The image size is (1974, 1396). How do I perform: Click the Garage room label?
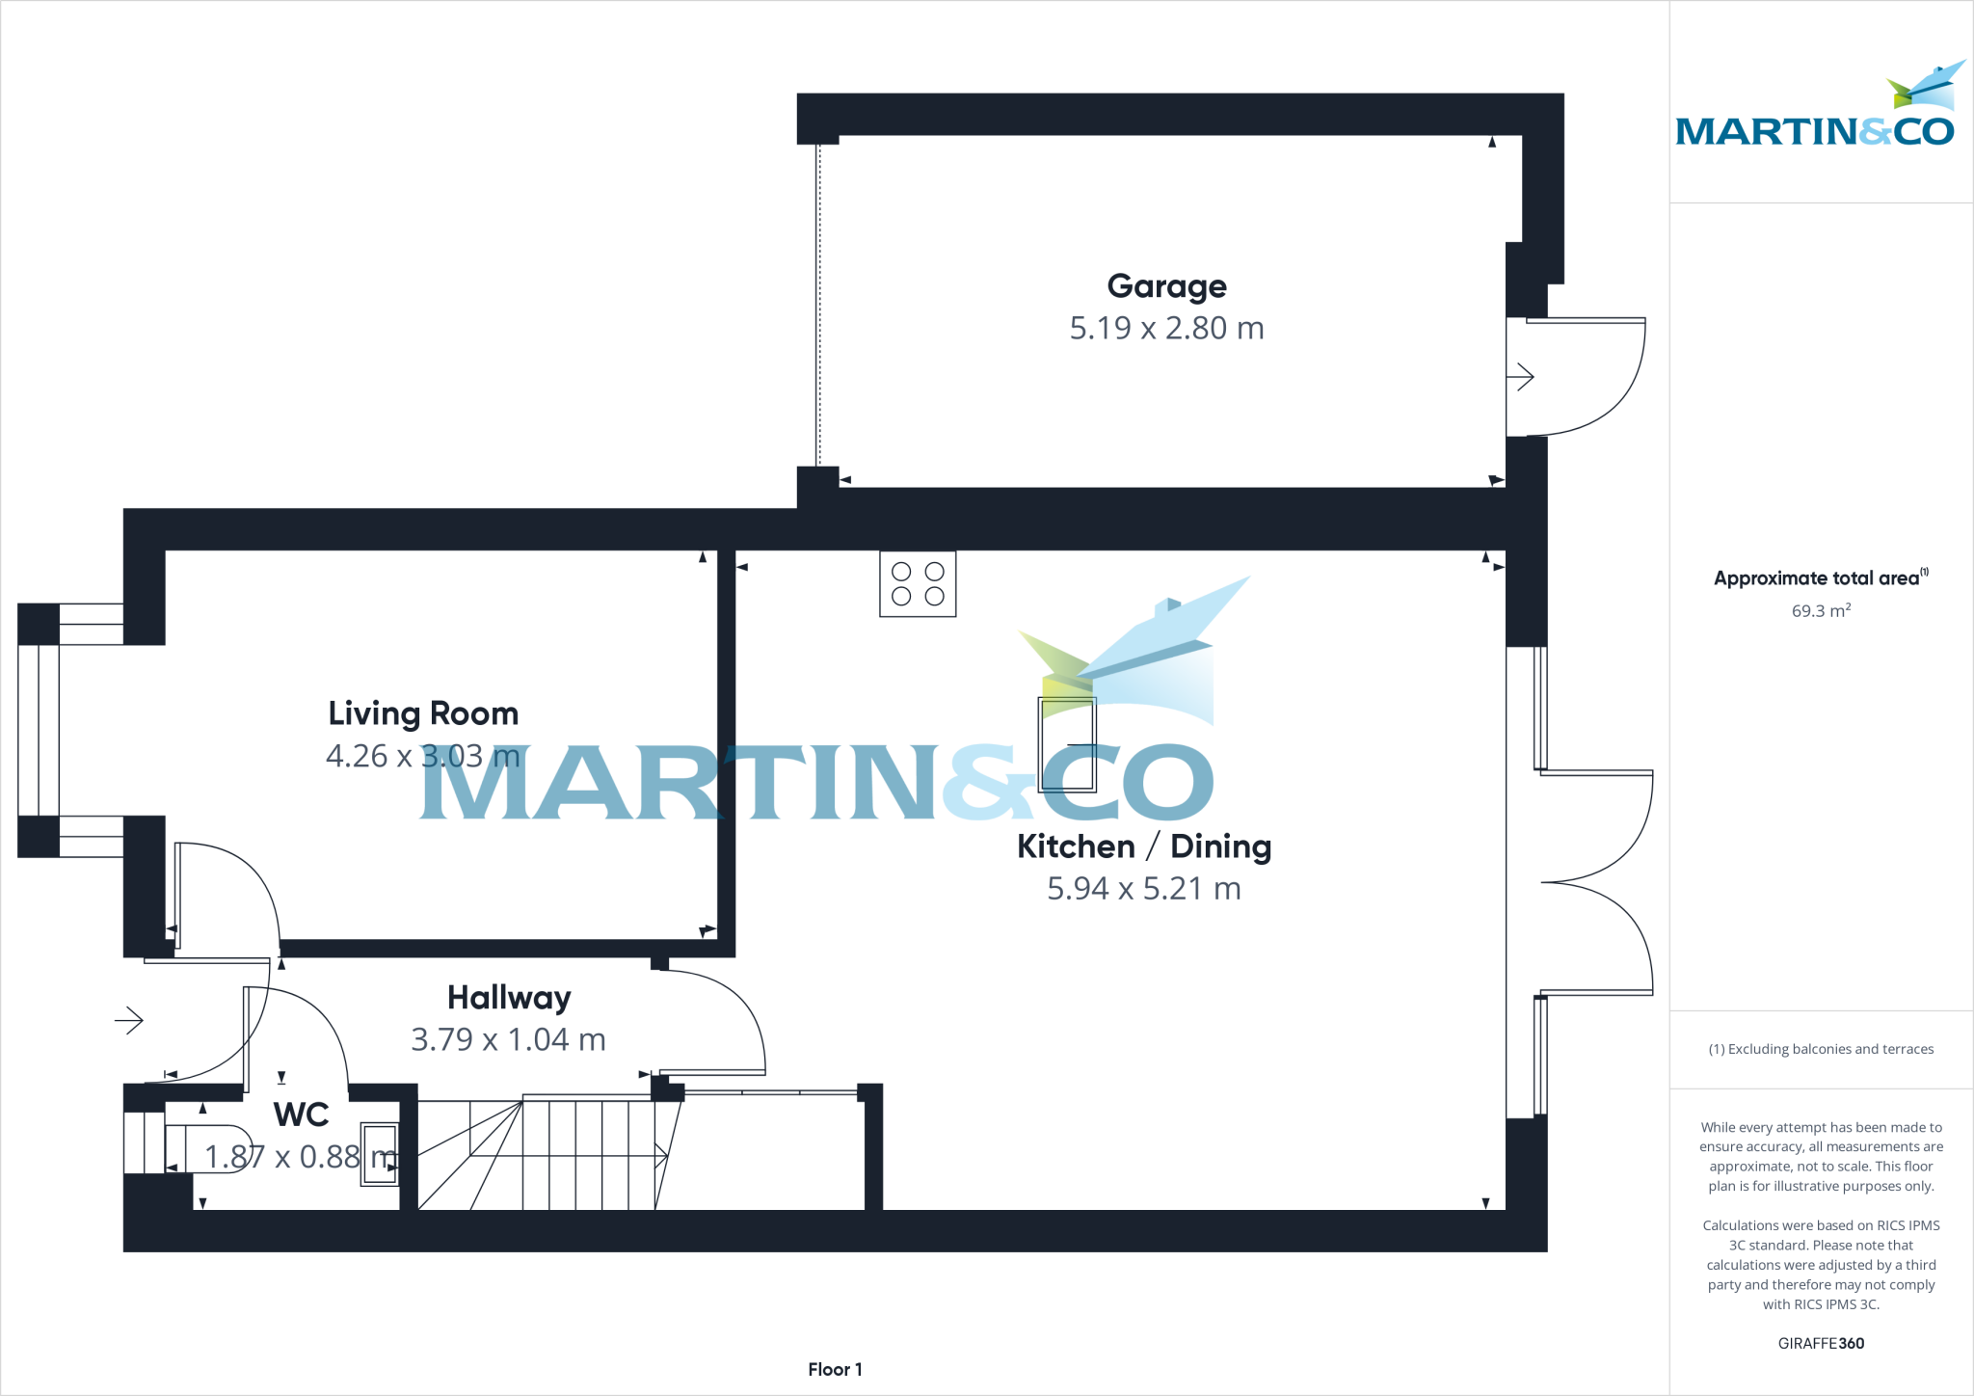coord(1166,286)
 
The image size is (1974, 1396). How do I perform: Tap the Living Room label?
coord(423,713)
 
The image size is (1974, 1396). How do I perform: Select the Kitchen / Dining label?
coord(1144,846)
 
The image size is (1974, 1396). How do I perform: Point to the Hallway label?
coord(509,998)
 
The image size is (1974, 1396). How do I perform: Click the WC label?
coord(302,1114)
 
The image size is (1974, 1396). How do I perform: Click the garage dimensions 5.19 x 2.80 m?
coord(1166,329)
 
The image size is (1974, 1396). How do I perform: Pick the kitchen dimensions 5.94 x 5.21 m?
coord(1144,889)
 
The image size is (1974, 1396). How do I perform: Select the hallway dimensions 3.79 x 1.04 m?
coord(508,1040)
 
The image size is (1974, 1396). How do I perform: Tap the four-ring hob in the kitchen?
coord(918,584)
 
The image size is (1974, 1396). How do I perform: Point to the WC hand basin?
coord(379,1154)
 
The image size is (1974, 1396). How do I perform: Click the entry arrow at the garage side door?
coord(1520,376)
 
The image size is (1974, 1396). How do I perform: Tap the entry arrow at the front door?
coord(129,1020)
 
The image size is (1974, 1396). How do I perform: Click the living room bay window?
coord(39,730)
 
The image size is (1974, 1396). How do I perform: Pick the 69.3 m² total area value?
coord(1821,611)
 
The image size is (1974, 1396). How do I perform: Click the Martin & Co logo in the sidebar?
coord(1816,111)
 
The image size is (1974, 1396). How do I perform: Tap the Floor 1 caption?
coord(835,1370)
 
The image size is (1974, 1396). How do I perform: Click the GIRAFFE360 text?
coord(1821,1344)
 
